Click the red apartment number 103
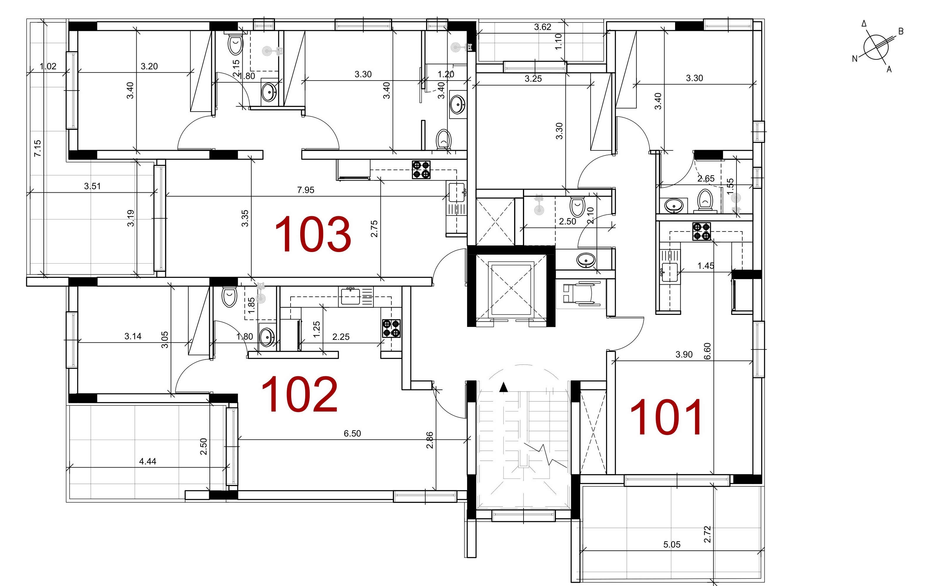(x=313, y=234)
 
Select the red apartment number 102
(x=300, y=394)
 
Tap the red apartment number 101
(x=666, y=417)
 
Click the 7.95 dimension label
(x=306, y=190)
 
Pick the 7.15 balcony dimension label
(x=37, y=148)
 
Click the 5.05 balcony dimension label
(x=672, y=545)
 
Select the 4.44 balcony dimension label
(x=148, y=461)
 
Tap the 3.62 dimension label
(x=543, y=27)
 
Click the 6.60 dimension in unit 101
(x=707, y=351)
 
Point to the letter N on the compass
(x=855, y=59)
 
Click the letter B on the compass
(x=901, y=31)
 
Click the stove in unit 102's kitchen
(x=391, y=328)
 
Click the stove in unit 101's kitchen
(x=702, y=231)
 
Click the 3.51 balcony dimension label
(x=92, y=186)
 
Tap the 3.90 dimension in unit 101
(x=684, y=354)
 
